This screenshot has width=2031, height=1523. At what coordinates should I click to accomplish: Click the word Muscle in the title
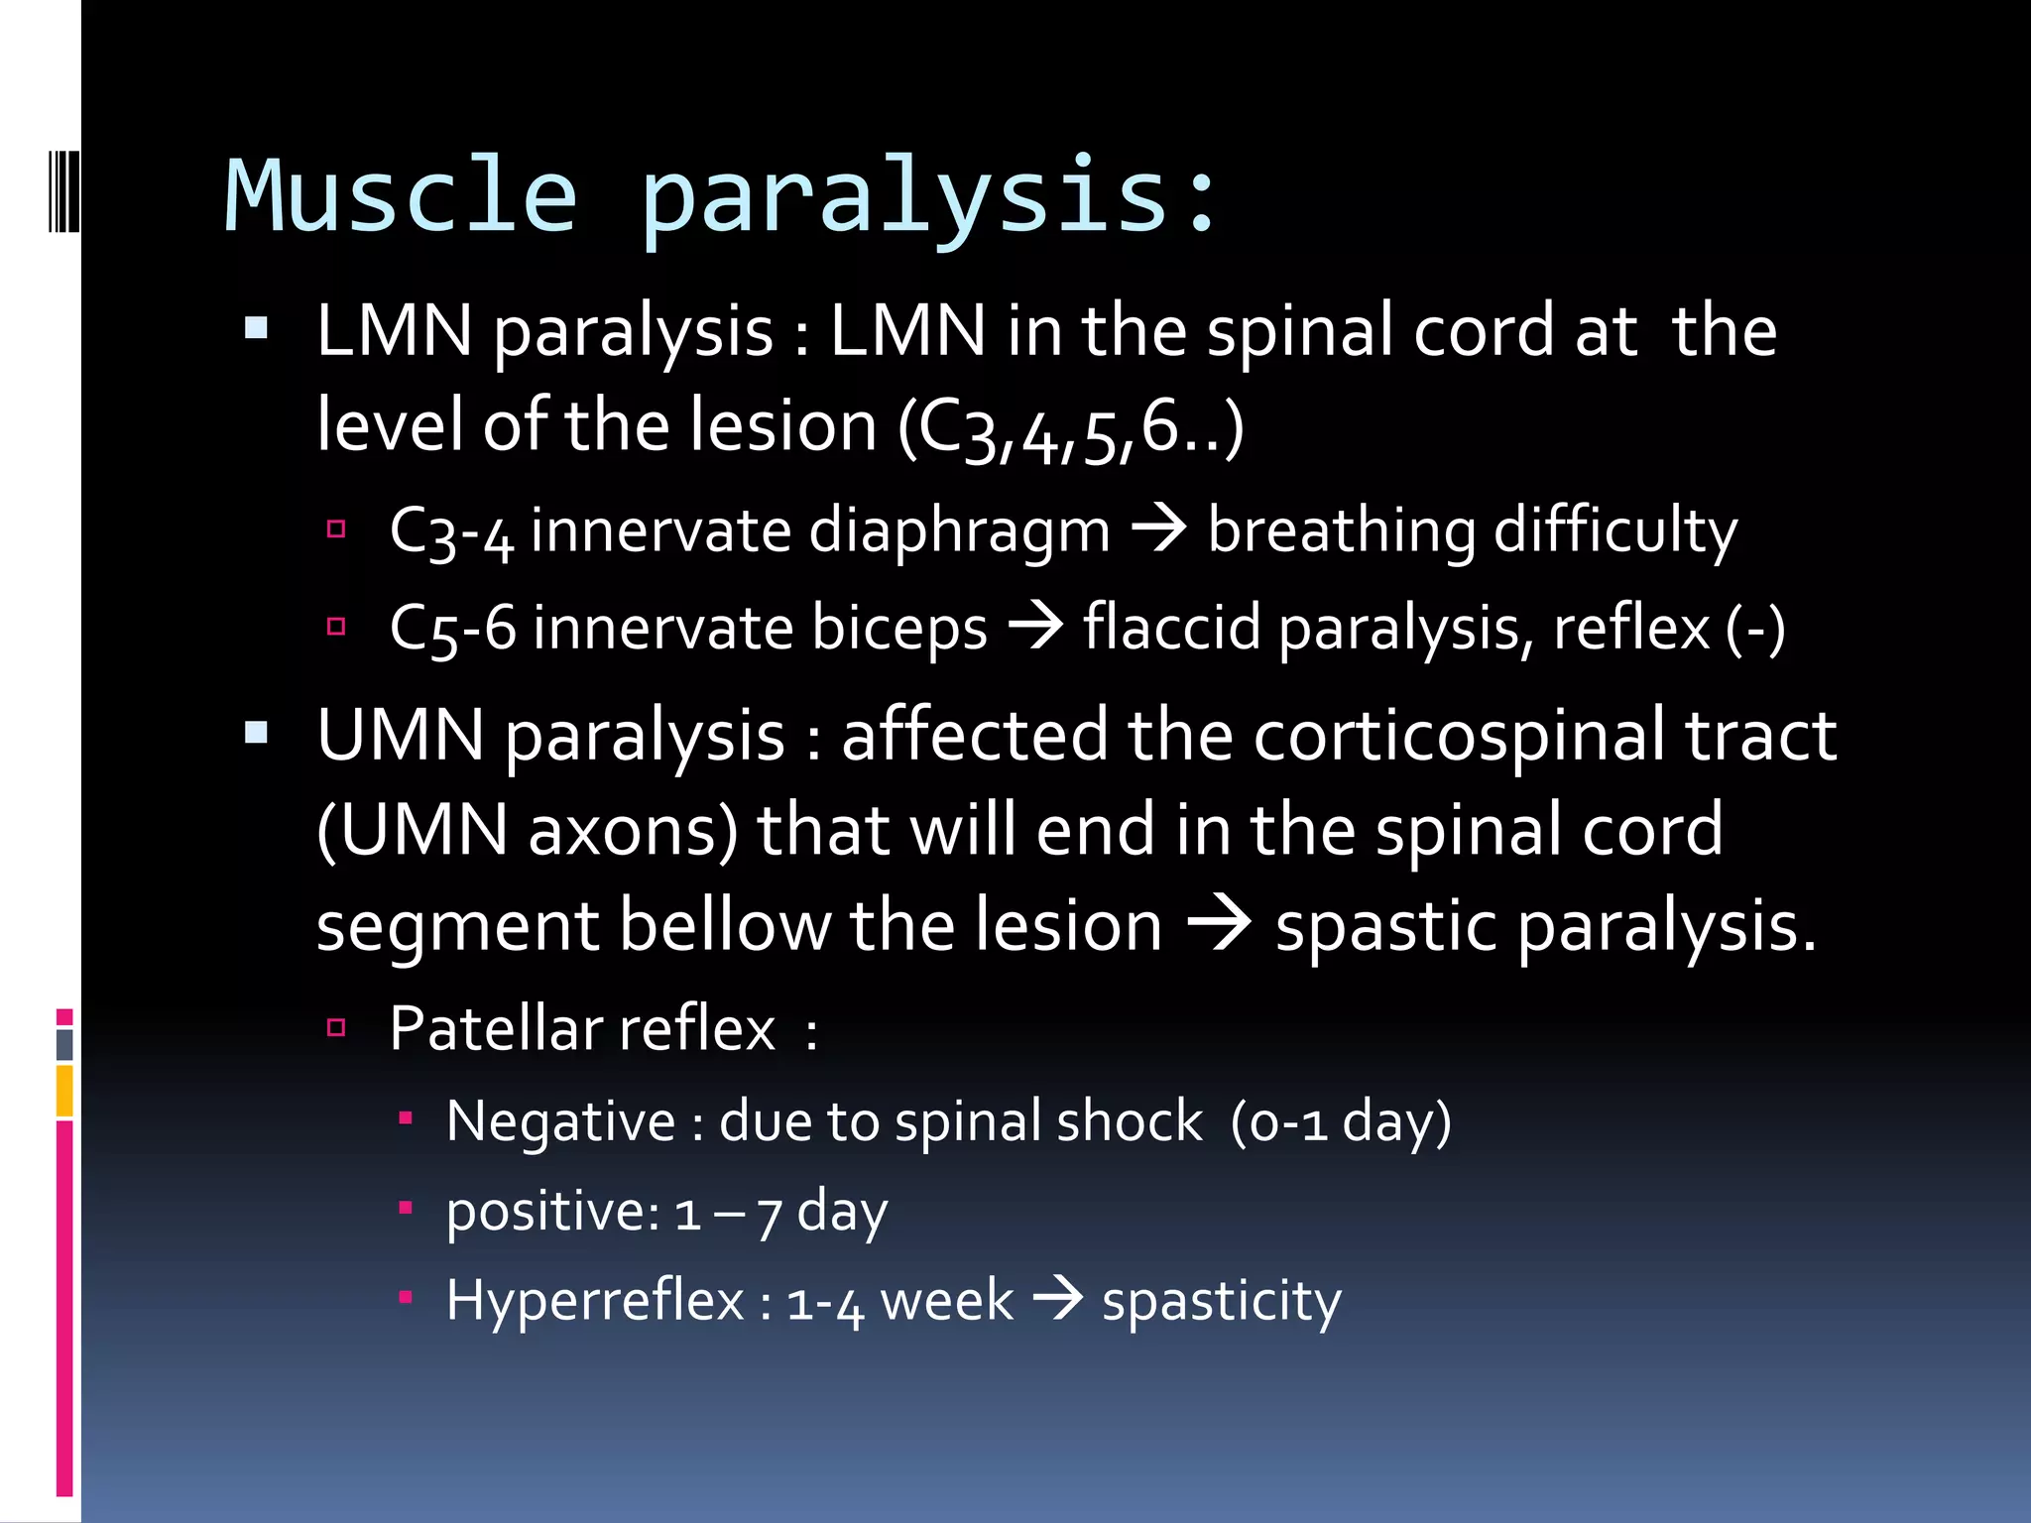pyautogui.click(x=401, y=196)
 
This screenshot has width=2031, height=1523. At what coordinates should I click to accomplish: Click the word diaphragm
pyautogui.click(x=959, y=530)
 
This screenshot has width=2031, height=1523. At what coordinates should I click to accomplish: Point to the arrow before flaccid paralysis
pyautogui.click(x=1035, y=627)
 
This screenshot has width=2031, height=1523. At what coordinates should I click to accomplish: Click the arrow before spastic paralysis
pyautogui.click(x=1219, y=924)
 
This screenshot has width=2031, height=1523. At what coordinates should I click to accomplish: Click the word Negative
pyautogui.click(x=560, y=1121)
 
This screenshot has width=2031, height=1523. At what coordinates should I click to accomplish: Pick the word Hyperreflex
pyautogui.click(x=594, y=1300)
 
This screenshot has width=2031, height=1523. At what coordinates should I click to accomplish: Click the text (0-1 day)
pyautogui.click(x=1340, y=1122)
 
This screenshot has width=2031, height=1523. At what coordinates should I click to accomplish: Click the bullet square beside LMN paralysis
pyautogui.click(x=256, y=328)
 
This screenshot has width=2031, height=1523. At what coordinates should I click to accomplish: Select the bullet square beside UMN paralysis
pyautogui.click(x=256, y=733)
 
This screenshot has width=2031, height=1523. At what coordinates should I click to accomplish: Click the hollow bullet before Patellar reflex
pyautogui.click(x=336, y=1027)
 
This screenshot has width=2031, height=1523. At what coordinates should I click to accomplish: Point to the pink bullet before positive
pyautogui.click(x=405, y=1208)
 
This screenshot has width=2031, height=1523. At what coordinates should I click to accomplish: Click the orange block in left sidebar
pyautogui.click(x=64, y=1090)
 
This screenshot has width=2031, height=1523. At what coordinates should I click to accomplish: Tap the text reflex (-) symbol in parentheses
pyautogui.click(x=1755, y=629)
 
